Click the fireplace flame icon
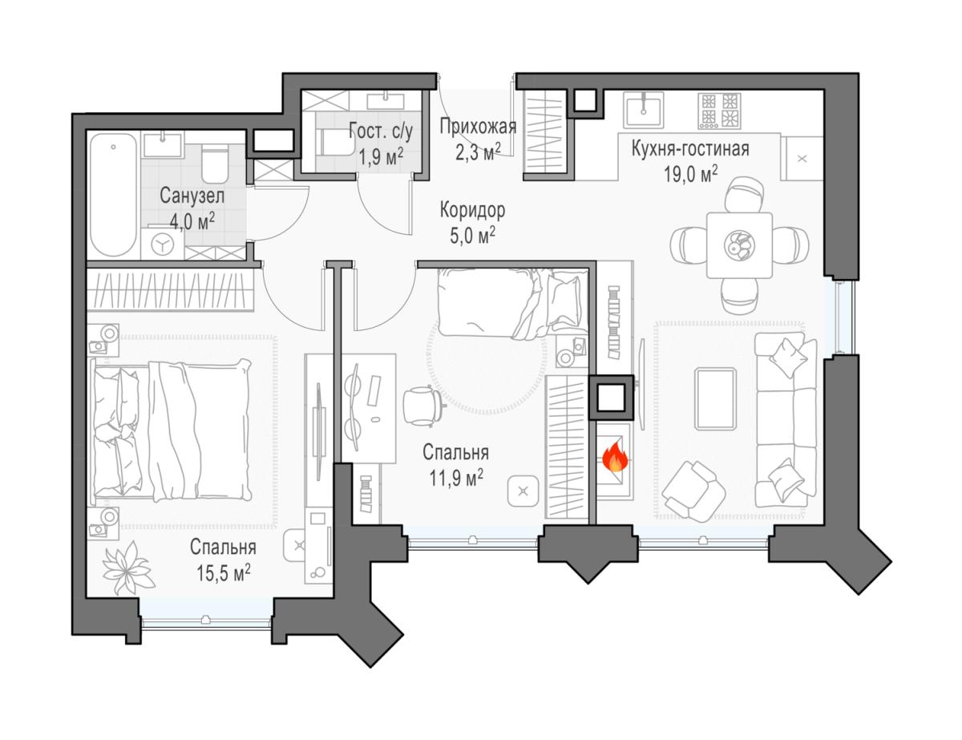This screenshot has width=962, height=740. [x=616, y=458]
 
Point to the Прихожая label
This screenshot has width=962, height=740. [x=478, y=127]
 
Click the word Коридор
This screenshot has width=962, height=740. [x=472, y=211]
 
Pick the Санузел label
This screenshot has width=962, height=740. [x=192, y=196]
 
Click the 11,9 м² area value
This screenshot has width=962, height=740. [x=456, y=478]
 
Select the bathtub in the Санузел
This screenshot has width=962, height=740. [x=113, y=195]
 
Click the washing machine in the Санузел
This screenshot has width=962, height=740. [x=163, y=243]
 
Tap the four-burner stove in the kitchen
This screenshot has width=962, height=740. [x=719, y=111]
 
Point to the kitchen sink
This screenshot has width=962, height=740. [x=644, y=110]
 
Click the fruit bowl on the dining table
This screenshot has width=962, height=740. [x=739, y=245]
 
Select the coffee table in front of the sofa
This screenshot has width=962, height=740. [x=715, y=398]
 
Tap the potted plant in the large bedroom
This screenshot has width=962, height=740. [x=128, y=568]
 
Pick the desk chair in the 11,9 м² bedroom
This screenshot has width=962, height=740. [x=422, y=406]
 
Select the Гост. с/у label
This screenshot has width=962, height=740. [x=381, y=131]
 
